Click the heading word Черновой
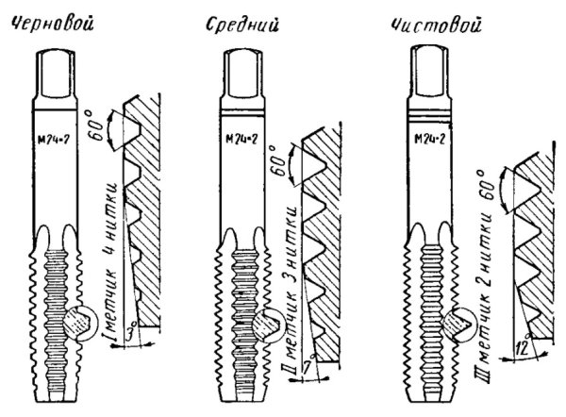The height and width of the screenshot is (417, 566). [52, 25]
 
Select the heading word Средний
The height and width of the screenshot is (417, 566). [242, 26]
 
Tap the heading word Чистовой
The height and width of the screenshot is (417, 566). [437, 25]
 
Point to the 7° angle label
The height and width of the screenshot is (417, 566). [309, 365]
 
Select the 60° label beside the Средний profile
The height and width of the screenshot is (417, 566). [280, 161]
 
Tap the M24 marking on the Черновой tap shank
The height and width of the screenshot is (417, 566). [53, 140]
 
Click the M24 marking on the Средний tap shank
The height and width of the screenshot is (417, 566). [241, 139]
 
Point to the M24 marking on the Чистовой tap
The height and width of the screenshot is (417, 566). [429, 139]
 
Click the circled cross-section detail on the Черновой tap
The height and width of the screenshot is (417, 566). [80, 324]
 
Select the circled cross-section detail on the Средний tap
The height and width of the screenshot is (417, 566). [268, 325]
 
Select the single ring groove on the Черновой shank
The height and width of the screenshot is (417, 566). [56, 109]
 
